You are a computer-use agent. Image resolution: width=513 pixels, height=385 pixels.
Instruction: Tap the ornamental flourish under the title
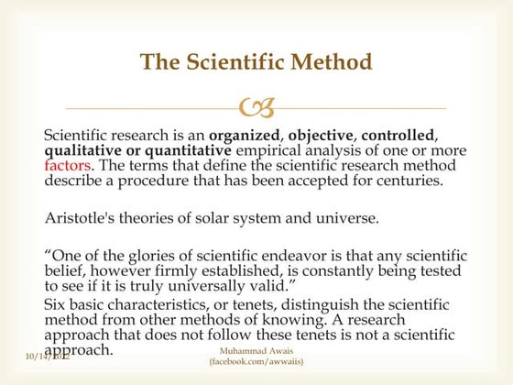pyautogui.click(x=256, y=110)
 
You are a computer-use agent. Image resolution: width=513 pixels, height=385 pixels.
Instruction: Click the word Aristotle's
pyautogui.click(x=81, y=218)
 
